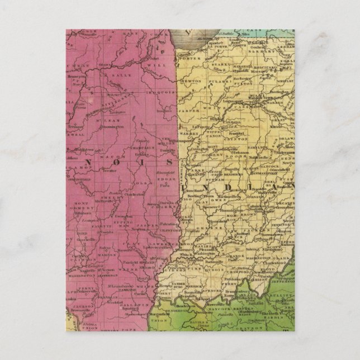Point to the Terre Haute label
(192, 200)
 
